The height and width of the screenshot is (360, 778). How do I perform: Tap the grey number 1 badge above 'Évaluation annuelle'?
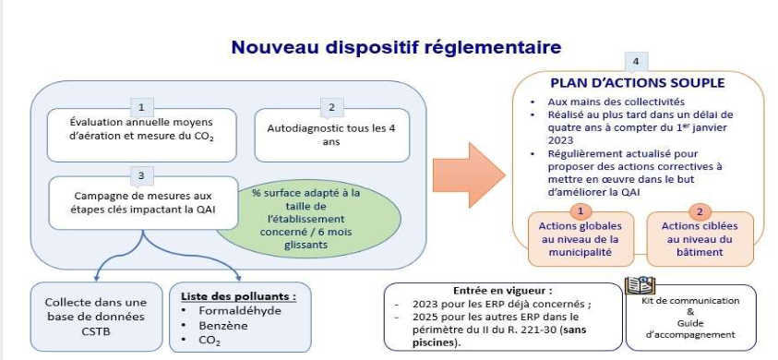140,106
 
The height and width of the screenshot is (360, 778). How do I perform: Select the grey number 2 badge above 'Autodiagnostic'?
332,106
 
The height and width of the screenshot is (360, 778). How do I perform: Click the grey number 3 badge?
140,174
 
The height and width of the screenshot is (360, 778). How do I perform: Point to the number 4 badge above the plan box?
633,62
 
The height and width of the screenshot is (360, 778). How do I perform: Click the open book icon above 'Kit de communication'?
640,284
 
